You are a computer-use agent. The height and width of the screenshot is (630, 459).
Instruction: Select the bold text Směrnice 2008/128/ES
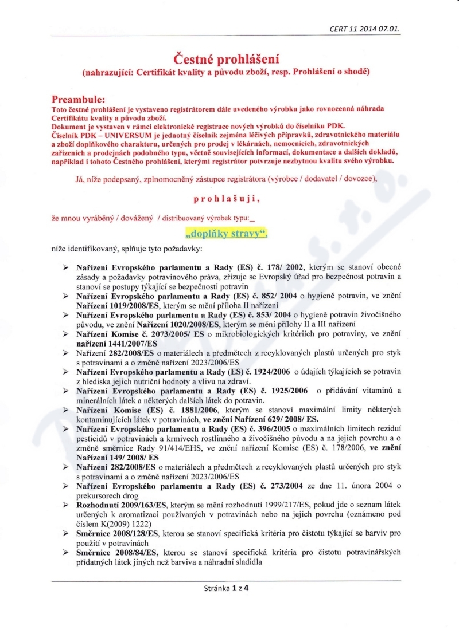coord(117,533)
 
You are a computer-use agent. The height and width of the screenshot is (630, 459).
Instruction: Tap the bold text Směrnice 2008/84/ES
coord(115,552)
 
